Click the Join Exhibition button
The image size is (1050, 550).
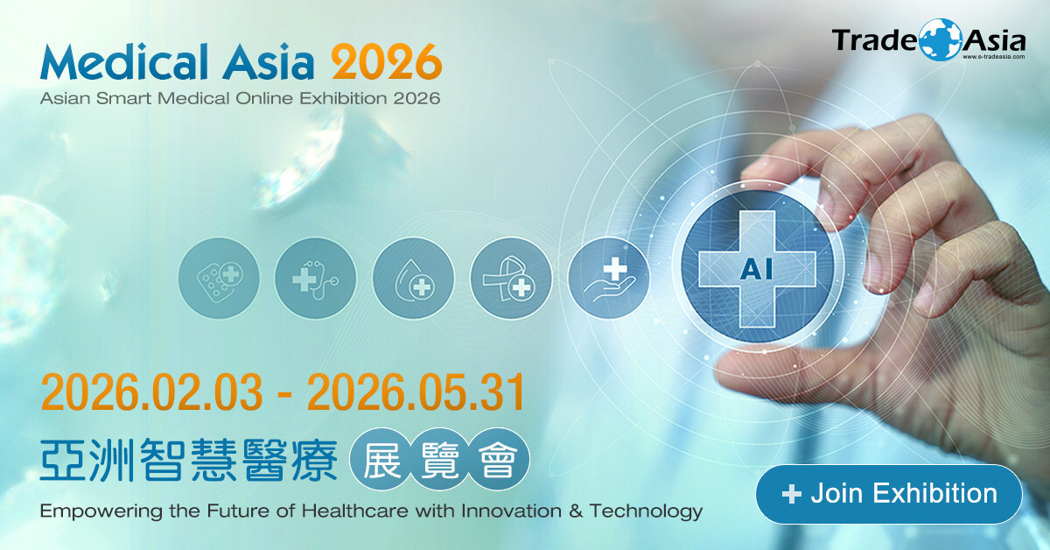point(889,494)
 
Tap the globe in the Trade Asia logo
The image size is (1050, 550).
point(940,40)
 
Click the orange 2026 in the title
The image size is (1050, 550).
point(387,62)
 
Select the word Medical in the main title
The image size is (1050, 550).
point(124,61)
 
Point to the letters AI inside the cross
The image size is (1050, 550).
point(757,271)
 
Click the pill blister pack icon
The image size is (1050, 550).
point(219,279)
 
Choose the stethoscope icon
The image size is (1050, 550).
point(316,279)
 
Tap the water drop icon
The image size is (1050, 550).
point(413,279)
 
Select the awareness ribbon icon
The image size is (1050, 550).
point(511,279)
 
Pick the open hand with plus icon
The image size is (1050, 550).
point(609,279)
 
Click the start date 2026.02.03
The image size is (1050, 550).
point(152,392)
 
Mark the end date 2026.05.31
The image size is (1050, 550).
point(416,392)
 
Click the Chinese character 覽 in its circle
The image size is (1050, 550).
point(440,459)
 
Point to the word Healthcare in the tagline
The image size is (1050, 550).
point(354,511)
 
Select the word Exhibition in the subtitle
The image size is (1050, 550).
point(343,98)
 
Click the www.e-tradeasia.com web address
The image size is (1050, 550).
point(994,57)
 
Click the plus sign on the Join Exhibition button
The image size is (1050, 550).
point(791,494)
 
